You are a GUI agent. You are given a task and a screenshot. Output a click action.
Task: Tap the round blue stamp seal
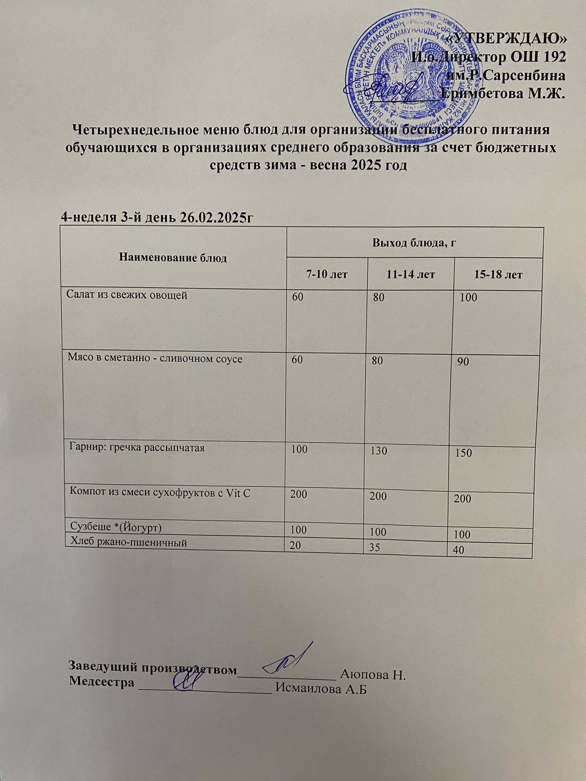click(410, 73)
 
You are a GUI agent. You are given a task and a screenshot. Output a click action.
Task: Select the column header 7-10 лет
click(327, 275)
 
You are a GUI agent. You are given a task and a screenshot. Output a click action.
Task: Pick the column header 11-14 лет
click(410, 275)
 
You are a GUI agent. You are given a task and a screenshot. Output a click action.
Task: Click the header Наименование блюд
click(173, 258)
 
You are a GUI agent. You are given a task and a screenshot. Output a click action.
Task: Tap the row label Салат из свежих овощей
click(127, 295)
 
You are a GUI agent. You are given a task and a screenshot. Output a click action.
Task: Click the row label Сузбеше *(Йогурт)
click(116, 527)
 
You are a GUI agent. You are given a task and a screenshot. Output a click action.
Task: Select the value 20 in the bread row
click(295, 545)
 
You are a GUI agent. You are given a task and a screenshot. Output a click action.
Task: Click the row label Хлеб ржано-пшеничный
click(129, 541)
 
